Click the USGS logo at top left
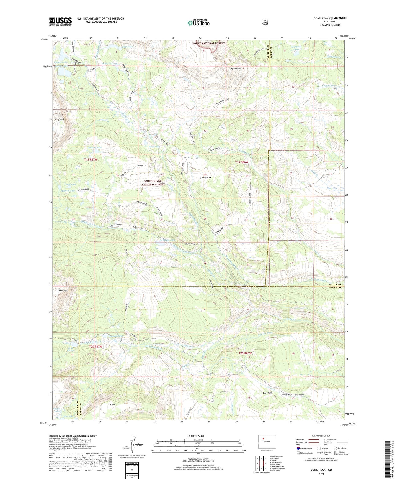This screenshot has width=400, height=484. [x=60, y=21]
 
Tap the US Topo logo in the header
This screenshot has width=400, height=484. [x=198, y=23]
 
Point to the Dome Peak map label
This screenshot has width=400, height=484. [x=235, y=68]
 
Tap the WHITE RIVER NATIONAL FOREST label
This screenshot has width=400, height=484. [x=153, y=183]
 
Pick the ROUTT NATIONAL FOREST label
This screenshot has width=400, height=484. [x=209, y=43]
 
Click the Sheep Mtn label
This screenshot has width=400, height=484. [x=62, y=290]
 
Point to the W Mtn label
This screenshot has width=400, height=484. [x=112, y=404]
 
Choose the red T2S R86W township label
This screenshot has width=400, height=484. [x=245, y=353]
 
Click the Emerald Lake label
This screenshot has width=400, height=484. [x=116, y=336]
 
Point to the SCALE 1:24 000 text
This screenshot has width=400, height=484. [x=196, y=436]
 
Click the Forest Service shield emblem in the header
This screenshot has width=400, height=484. [x=265, y=22]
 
